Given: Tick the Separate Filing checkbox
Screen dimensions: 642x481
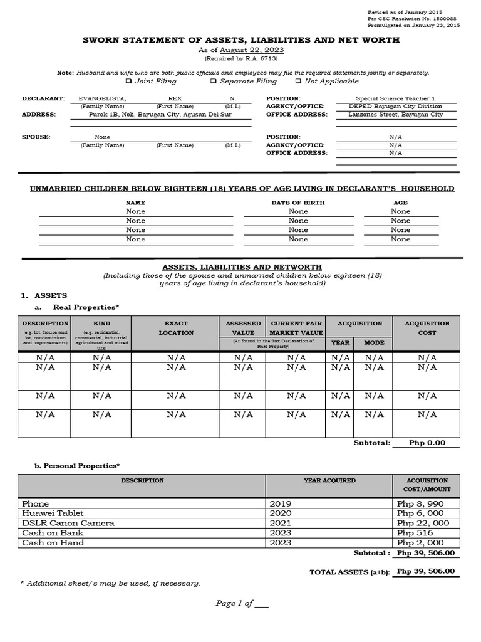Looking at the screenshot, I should (x=214, y=81).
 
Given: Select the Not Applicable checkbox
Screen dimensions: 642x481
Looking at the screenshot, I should (x=298, y=81).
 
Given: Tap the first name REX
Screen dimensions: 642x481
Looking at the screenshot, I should (x=175, y=98).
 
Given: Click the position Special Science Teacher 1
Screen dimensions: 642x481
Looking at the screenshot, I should (x=395, y=98).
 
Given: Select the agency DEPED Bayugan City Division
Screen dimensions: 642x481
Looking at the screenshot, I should (x=395, y=107).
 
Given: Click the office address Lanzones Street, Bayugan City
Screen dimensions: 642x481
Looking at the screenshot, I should (x=395, y=115).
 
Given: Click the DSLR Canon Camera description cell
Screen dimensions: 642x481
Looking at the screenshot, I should (x=68, y=523).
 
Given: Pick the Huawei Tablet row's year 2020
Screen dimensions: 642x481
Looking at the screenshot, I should (x=281, y=513).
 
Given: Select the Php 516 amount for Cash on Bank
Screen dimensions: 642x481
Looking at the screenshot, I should (x=411, y=533).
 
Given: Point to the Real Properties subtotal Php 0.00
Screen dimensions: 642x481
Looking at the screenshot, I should (x=427, y=443).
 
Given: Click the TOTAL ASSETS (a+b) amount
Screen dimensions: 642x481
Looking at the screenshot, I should (x=426, y=571).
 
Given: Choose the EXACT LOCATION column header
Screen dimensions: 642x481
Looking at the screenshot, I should (x=176, y=328).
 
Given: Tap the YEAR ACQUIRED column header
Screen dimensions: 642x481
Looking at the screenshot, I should (x=329, y=480).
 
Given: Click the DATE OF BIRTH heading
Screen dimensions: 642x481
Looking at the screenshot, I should (x=298, y=203).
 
